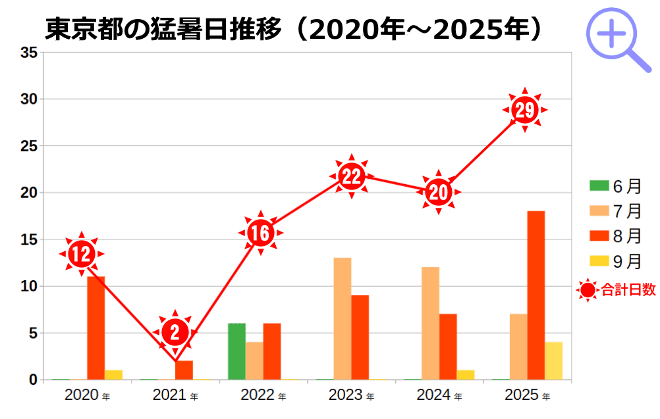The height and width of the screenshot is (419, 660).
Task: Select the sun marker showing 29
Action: (x=525, y=110)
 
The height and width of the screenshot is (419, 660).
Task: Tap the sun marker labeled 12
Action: (x=82, y=254)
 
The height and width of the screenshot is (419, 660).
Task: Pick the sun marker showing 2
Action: (x=175, y=332)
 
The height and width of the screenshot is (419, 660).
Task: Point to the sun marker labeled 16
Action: (x=260, y=233)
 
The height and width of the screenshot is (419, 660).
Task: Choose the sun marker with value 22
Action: (x=352, y=176)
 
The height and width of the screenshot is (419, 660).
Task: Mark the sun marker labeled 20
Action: (x=438, y=191)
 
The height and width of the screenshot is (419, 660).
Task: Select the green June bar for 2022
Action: (x=236, y=351)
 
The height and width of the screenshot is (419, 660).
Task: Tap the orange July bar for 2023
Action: (x=343, y=318)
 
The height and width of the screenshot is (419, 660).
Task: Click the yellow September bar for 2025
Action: (x=553, y=360)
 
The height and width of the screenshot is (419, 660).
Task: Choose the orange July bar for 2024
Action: (x=431, y=323)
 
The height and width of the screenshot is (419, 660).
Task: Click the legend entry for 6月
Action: (x=615, y=186)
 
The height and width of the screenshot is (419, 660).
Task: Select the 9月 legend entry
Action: (x=615, y=261)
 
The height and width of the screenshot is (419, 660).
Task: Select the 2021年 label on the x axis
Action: (x=175, y=395)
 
